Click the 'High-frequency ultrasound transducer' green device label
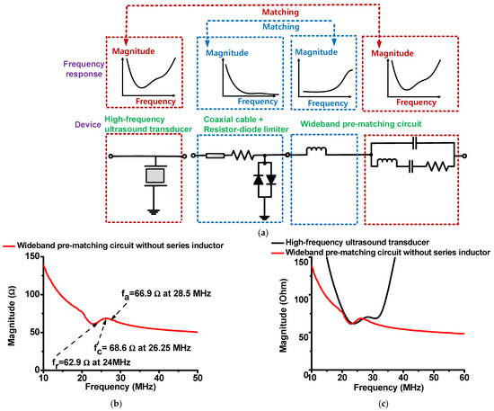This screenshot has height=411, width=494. (142, 124)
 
